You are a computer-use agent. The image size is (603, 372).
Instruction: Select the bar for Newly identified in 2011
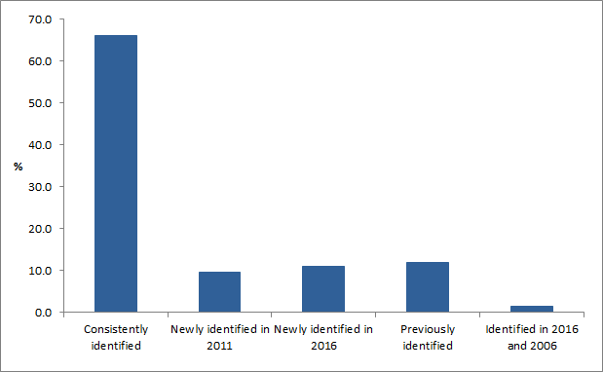[219, 292]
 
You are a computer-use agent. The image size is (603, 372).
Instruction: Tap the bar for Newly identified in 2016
[323, 289]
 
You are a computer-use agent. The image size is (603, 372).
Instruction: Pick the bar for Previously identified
[428, 287]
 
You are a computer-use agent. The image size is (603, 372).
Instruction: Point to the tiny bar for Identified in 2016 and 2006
[532, 309]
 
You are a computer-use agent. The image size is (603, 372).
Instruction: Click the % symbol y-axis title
[18, 167]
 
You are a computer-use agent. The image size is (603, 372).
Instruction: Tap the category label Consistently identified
[116, 337]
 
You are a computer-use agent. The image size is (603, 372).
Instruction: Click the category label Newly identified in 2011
[220, 337]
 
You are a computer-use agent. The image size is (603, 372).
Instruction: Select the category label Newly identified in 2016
[323, 337]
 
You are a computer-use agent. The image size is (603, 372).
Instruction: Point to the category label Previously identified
[428, 337]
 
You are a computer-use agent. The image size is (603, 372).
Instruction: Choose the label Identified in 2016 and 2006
[532, 337]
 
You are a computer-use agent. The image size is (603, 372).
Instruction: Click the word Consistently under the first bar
[116, 330]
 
